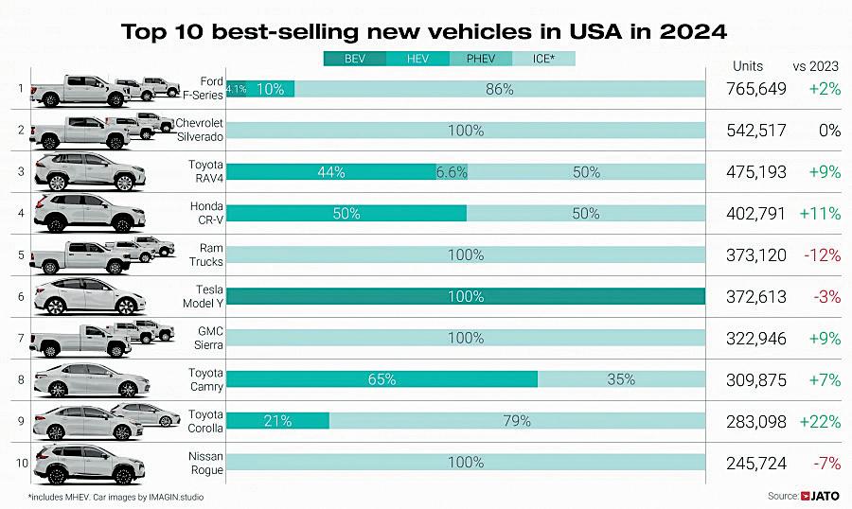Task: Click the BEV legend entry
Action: click(x=354, y=59)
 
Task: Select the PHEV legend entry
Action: click(x=480, y=59)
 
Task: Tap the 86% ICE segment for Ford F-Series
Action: click(x=499, y=89)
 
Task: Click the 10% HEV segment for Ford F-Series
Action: click(x=271, y=89)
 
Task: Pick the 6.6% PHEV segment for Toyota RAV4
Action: click(x=451, y=172)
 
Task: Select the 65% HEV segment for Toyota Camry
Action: click(x=382, y=379)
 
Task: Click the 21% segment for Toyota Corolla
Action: click(x=277, y=421)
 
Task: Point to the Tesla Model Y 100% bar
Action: click(x=466, y=297)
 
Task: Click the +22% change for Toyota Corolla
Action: click(x=819, y=421)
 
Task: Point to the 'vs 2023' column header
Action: click(x=816, y=65)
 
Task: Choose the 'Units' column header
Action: click(x=749, y=65)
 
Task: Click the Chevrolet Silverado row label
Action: click(x=199, y=131)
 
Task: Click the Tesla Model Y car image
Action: click(x=88, y=297)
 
